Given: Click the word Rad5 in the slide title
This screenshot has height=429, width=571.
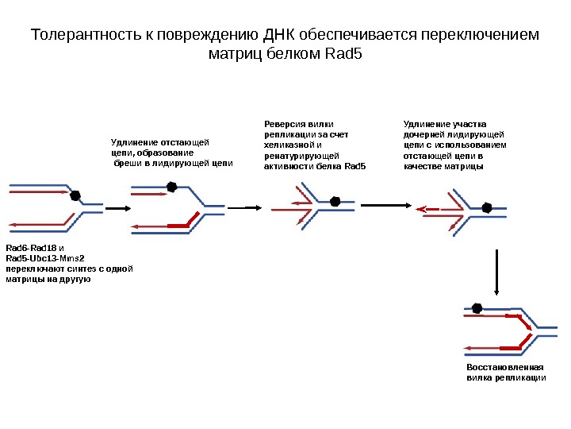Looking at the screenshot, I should coord(344,56).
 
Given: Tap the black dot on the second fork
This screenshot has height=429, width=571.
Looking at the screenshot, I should coord(171,187).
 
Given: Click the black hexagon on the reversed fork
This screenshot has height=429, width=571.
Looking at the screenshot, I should coord(335,202).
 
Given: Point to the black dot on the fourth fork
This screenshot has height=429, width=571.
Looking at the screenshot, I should coord(487,208).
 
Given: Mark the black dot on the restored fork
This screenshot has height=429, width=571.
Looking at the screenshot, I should coord(477,308).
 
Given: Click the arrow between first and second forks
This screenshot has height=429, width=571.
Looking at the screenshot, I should coord(117,209).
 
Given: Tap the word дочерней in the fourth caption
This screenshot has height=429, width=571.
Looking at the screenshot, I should coord(424,134).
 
